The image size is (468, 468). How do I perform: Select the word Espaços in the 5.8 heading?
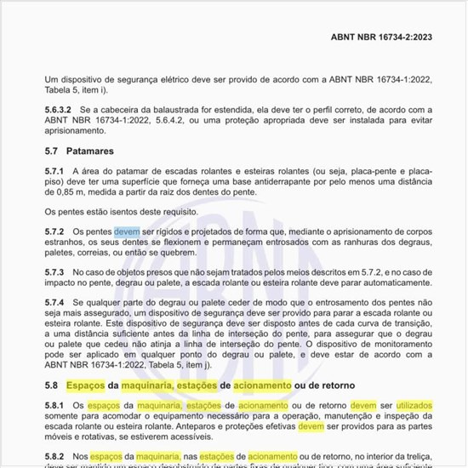tap(90, 385)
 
